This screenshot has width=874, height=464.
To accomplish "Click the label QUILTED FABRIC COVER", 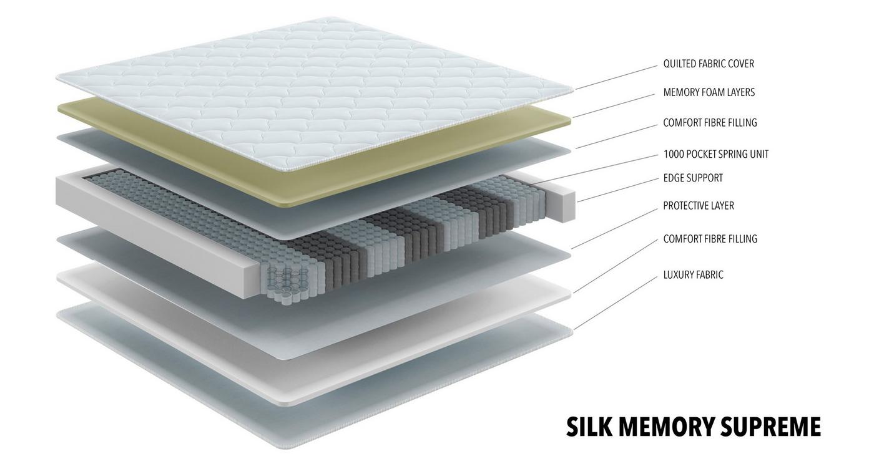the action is pyautogui.click(x=709, y=64).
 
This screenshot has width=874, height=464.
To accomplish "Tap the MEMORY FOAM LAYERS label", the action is pyautogui.click(x=709, y=92).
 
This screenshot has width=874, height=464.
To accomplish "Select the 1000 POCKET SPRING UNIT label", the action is pyautogui.click(x=716, y=155).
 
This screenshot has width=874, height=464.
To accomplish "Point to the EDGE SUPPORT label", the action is pyautogui.click(x=693, y=178).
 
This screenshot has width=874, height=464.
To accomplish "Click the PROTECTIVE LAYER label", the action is pyautogui.click(x=699, y=206).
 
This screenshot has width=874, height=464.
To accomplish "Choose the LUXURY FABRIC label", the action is pyautogui.click(x=694, y=275).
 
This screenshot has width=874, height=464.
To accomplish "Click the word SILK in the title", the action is pyautogui.click(x=589, y=427).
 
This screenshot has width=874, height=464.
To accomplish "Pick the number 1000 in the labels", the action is pyautogui.click(x=674, y=155).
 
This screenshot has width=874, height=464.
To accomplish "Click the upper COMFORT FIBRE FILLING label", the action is pyautogui.click(x=710, y=123).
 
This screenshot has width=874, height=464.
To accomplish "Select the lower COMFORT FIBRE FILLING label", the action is pyautogui.click(x=710, y=239).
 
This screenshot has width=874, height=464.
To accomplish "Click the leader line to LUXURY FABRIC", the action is pyautogui.click(x=616, y=303).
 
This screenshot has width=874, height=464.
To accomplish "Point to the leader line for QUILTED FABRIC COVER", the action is pyautogui.click(x=617, y=77).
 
